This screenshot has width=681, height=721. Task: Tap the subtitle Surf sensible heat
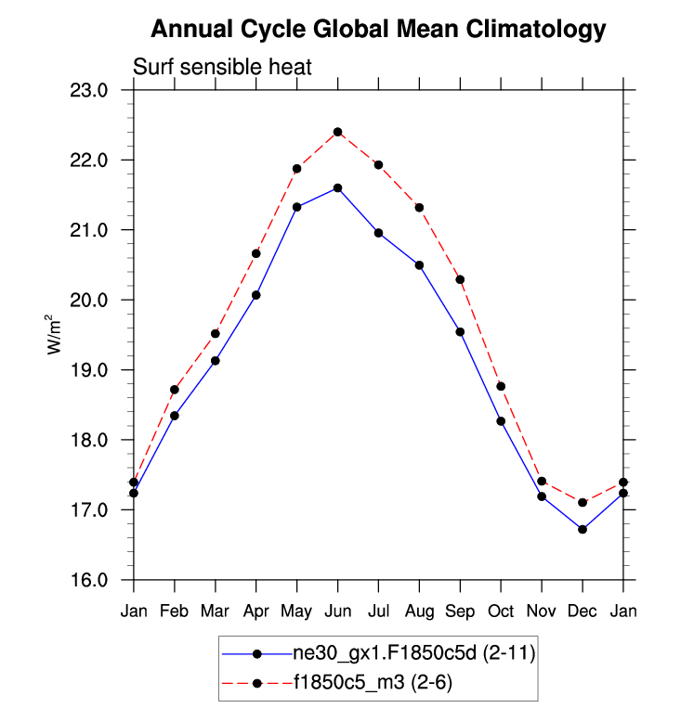222,68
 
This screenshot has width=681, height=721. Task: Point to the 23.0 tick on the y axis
103,90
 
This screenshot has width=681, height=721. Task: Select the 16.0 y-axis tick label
103,580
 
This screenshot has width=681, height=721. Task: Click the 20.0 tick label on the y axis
103,300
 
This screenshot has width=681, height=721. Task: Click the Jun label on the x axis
337,612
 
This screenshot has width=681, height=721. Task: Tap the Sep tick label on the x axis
460,612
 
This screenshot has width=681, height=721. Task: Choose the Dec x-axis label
583,612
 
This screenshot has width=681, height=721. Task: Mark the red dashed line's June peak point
337,132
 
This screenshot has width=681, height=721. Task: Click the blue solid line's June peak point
337,188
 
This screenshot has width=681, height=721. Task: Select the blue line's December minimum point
583,529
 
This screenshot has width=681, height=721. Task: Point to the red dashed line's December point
583,502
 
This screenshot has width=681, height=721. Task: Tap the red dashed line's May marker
297,169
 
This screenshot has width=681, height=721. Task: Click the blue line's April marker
256,295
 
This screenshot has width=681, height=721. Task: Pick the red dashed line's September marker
460,279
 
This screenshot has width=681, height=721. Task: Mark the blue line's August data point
419,265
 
